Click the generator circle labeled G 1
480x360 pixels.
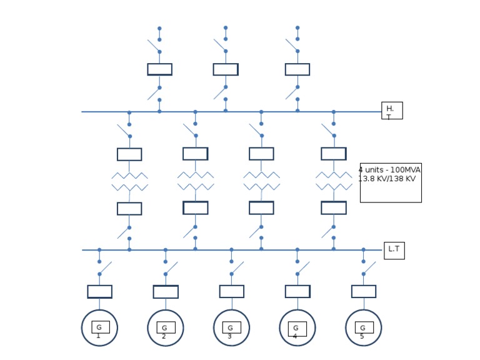(x=99, y=327)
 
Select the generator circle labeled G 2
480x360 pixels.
(x=166, y=327)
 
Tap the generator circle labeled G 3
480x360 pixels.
(x=231, y=327)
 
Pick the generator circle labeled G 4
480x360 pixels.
(x=297, y=327)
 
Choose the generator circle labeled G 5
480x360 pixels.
(x=363, y=327)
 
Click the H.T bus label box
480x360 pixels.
(x=392, y=111)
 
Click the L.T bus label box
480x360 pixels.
(x=394, y=250)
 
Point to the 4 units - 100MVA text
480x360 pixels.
(x=389, y=170)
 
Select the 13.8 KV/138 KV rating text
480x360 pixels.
(x=387, y=179)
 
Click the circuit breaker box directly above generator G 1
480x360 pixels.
(x=99, y=291)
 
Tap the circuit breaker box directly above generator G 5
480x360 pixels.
(x=363, y=291)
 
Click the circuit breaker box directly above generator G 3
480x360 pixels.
(x=231, y=291)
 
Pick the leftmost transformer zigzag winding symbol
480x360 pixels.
(x=129, y=181)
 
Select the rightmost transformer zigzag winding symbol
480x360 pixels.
(x=334, y=181)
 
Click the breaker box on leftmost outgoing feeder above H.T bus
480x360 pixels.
(x=159, y=69)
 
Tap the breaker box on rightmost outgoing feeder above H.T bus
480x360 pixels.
(x=297, y=69)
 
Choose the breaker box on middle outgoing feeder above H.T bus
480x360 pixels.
(x=226, y=69)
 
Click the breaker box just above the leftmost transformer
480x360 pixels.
(x=129, y=154)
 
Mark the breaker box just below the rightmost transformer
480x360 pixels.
(x=334, y=207)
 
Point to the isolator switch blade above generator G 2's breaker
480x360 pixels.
(x=171, y=268)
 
